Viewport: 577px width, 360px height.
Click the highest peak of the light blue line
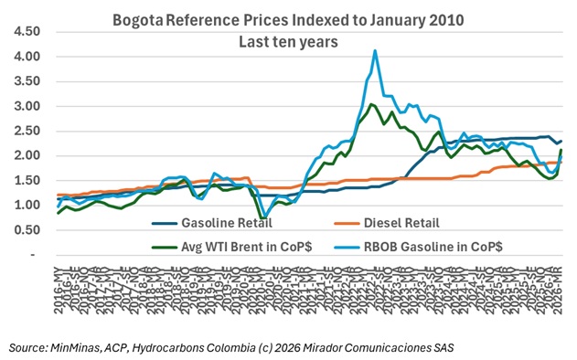[x=375, y=51]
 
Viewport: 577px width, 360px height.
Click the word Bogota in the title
[x=138, y=19]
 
